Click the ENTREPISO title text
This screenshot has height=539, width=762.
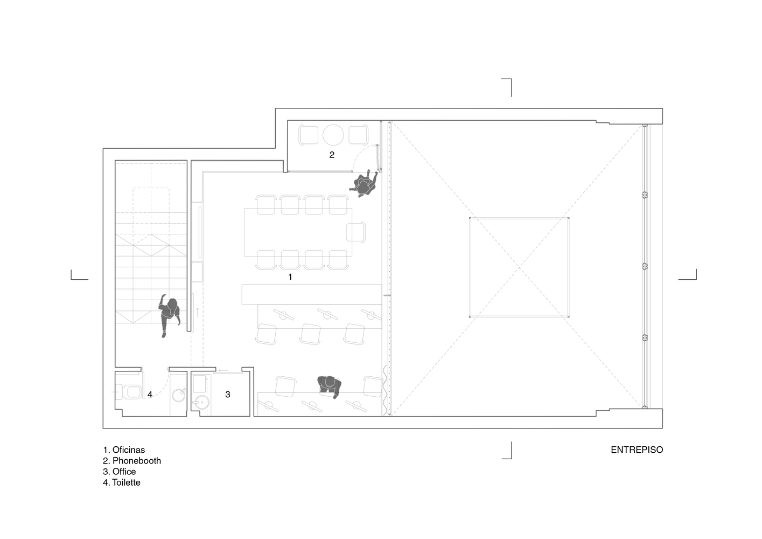tap(637, 450)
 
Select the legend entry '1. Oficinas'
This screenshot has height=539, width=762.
tap(124, 450)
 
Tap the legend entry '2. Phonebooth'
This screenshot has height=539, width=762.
tap(132, 460)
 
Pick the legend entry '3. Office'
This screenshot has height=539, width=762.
tap(119, 471)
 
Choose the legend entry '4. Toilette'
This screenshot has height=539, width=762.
tap(122, 482)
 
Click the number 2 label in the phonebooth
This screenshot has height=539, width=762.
tap(332, 155)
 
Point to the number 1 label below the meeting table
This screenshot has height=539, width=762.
tap(290, 277)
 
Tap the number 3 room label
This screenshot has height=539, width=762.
tap(228, 395)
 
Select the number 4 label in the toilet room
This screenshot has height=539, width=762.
tap(150, 395)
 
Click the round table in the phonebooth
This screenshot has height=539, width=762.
tap(333, 135)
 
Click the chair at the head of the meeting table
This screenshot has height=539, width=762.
tap(356, 232)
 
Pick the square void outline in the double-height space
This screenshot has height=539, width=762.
tap(519, 267)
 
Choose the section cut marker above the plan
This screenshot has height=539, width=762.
tap(507, 87)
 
